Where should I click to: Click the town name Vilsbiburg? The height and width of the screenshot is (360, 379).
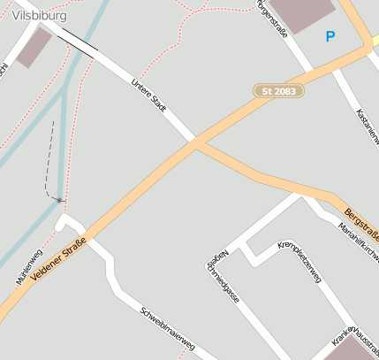click(41, 14)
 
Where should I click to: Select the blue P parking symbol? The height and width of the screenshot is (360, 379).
click(330, 36)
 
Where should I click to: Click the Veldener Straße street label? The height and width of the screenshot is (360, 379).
click(57, 262)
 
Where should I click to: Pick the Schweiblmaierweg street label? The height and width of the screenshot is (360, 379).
click(168, 328)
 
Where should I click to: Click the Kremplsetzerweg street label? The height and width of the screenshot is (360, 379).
click(299, 262)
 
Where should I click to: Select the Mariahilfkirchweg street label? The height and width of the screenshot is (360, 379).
click(359, 244)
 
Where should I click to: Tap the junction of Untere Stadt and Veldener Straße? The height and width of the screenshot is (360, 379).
click(195, 142)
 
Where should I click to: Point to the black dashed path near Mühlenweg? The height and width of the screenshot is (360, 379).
click(49, 159)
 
